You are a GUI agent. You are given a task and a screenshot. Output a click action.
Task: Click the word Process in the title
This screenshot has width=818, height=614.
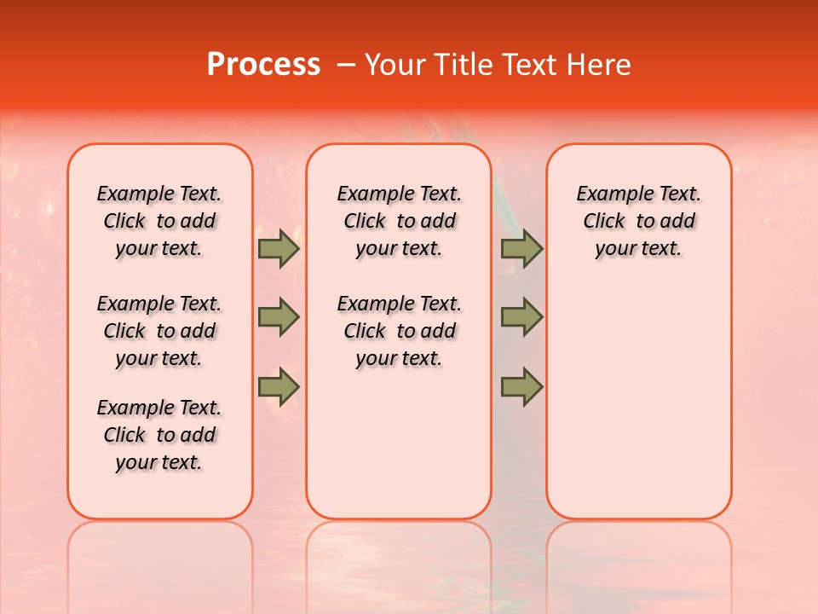click(263, 65)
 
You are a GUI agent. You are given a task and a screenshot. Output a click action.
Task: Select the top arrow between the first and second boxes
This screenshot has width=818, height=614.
click(279, 249)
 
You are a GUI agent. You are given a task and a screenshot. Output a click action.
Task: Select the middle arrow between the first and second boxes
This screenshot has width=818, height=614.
click(279, 317)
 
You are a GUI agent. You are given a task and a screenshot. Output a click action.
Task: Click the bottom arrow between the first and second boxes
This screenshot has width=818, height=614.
click(279, 387)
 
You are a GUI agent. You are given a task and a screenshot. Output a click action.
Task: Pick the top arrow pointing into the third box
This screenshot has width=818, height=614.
click(521, 249)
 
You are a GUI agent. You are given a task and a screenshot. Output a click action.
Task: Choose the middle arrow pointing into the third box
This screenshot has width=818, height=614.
click(521, 317)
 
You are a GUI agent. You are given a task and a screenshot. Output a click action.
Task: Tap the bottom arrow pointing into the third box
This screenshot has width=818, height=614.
click(521, 387)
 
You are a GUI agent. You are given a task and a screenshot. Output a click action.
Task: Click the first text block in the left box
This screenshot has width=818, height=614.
click(159, 221)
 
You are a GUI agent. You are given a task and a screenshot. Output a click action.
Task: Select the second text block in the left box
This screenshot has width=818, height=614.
click(159, 331)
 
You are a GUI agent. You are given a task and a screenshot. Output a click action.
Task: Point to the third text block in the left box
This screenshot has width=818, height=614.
click(159, 435)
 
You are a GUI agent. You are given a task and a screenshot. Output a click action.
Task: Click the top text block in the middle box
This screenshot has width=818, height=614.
click(399, 221)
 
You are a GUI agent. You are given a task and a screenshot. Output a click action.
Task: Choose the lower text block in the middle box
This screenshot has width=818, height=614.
click(399, 331)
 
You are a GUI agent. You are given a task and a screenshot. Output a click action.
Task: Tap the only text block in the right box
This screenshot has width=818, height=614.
click(638, 221)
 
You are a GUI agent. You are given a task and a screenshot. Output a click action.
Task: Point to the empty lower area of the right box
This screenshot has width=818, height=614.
click(638, 392)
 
